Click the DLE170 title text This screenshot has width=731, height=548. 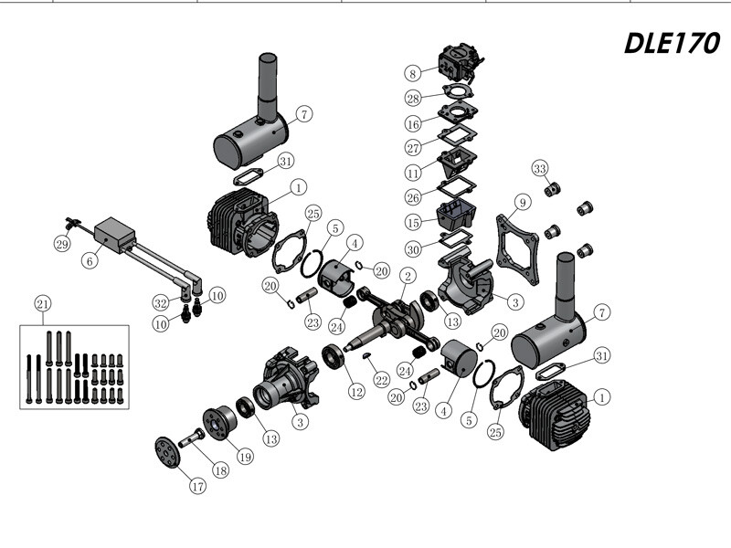pyautogui.click(x=673, y=43)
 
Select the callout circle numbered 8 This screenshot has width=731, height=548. pyautogui.click(x=413, y=72)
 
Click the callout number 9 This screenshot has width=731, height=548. pyautogui.click(x=522, y=202)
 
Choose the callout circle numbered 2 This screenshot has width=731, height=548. pyautogui.click(x=408, y=275)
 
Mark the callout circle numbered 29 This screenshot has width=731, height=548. pyautogui.click(x=61, y=244)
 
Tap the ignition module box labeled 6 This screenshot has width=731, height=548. pyautogui.click(x=116, y=233)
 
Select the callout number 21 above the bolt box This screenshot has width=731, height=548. pyautogui.click(x=42, y=303)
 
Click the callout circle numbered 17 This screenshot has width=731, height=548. pyautogui.click(x=198, y=487)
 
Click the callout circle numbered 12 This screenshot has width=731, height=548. pyautogui.click(x=355, y=391)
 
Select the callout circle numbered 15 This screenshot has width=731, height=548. pyautogui.click(x=413, y=223)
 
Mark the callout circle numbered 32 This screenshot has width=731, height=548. pyautogui.click(x=160, y=301)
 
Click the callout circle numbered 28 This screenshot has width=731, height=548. pyautogui.click(x=413, y=98)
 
